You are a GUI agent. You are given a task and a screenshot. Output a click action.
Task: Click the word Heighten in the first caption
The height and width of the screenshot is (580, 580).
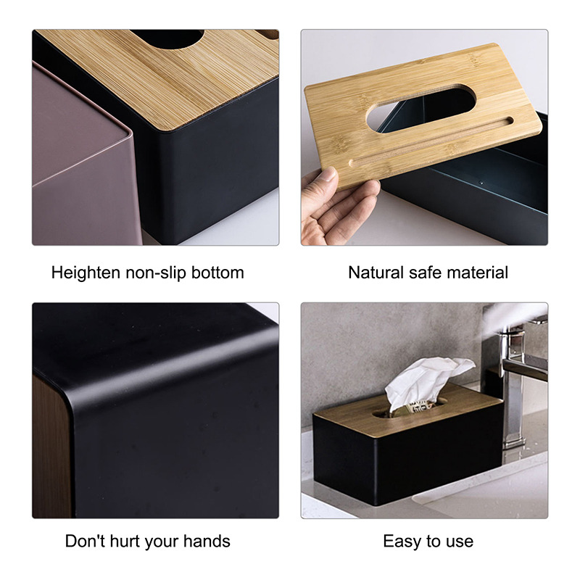86,273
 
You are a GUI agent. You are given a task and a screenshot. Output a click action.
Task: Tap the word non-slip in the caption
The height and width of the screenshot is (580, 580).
156,273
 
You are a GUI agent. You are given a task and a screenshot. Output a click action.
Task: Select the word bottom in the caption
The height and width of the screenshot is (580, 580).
217,273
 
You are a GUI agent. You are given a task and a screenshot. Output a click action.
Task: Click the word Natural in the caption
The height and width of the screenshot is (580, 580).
376,273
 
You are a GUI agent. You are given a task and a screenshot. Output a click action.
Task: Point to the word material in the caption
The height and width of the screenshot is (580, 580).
478,273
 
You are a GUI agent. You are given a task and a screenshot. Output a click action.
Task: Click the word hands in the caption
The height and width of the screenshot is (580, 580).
207,541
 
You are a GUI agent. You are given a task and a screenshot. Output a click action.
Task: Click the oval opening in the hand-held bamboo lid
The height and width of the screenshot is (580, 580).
420,108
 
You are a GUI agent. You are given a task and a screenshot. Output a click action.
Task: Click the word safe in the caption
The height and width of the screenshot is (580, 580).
426,273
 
